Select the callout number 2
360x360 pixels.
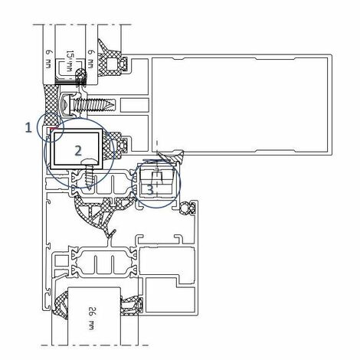tap(77, 151)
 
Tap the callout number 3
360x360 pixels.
tap(151, 186)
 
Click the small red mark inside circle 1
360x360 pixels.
tap(51, 131)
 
